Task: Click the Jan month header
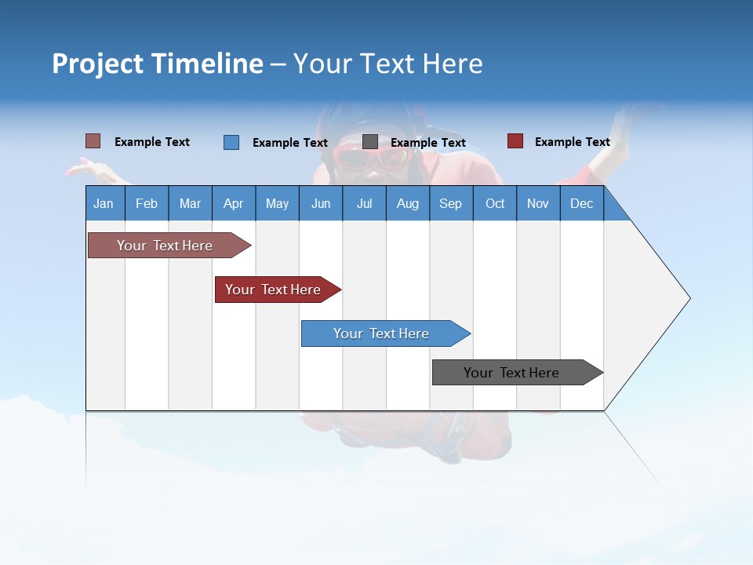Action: click(104, 203)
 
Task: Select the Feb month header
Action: click(147, 203)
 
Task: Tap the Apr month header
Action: click(234, 203)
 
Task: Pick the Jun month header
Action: click(321, 203)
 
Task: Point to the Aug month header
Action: click(408, 203)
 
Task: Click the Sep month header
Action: click(451, 203)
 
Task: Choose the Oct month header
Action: click(495, 203)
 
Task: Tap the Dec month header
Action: click(582, 203)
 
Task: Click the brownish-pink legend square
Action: click(93, 141)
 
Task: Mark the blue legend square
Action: click(231, 142)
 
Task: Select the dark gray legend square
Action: click(370, 141)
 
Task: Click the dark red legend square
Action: click(515, 141)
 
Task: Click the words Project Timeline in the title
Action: click(158, 64)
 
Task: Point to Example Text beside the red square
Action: click(572, 142)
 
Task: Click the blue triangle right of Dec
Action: click(614, 210)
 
